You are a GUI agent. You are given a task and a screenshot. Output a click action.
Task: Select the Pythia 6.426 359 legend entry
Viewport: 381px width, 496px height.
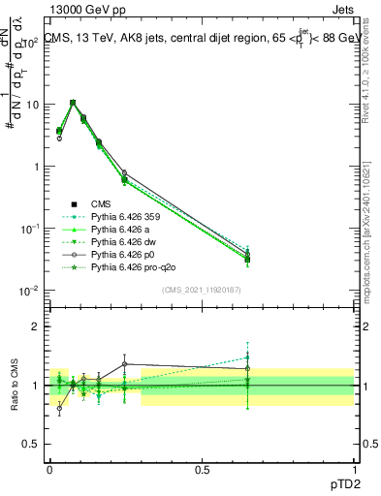tap(124, 216)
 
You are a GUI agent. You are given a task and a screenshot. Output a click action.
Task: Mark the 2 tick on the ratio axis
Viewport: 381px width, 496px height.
tap(36, 326)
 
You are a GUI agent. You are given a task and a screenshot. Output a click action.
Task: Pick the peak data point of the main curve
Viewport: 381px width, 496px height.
tap(73, 102)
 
